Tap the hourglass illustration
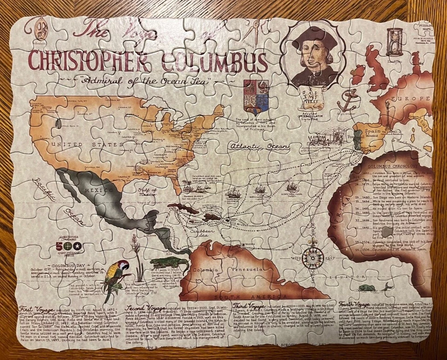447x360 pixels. pos(395,41)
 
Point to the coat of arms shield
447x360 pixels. pos(256,96)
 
